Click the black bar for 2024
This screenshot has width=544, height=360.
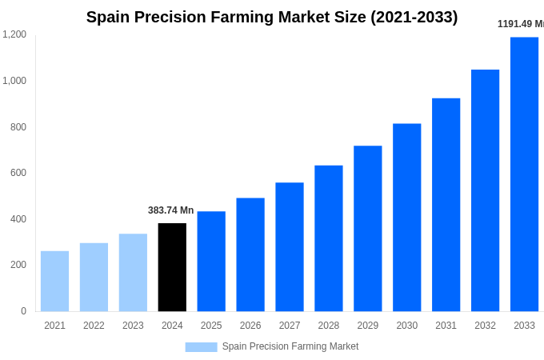tap(172, 267)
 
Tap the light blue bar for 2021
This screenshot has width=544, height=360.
tap(54, 281)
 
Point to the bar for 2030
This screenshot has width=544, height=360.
tap(406, 218)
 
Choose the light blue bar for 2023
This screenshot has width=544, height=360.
tap(133, 272)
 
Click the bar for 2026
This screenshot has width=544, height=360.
tap(250, 254)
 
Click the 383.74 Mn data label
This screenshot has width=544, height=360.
tap(170, 210)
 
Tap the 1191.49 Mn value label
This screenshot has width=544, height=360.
tap(520, 24)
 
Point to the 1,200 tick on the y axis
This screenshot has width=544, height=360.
tap(14, 34)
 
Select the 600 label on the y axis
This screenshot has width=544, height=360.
tap(18, 173)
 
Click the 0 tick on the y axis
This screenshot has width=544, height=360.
tap(23, 311)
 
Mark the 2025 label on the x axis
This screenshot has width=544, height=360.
tap(211, 326)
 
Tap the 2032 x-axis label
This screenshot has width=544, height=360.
tap(485, 326)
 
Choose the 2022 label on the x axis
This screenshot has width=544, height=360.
tap(94, 326)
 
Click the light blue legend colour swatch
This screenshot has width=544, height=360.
tap(201, 347)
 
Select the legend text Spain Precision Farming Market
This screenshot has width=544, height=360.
tap(290, 346)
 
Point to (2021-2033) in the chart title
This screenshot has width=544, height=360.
tap(414, 17)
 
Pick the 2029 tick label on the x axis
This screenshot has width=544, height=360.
tap(367, 326)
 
